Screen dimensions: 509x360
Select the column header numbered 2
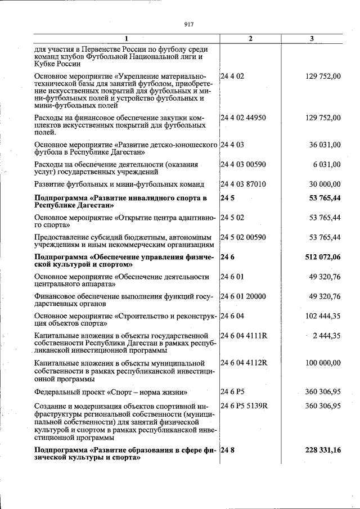click(250, 38)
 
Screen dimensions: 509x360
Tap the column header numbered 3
click(312, 38)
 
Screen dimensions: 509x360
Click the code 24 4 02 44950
click(243, 118)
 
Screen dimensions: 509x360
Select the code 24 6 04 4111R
click(244, 336)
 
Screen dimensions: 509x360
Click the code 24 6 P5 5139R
click(244, 405)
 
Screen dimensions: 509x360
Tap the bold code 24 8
click(227, 451)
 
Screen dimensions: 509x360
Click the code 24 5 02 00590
click(243, 237)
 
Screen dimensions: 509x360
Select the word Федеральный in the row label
click(57, 391)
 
